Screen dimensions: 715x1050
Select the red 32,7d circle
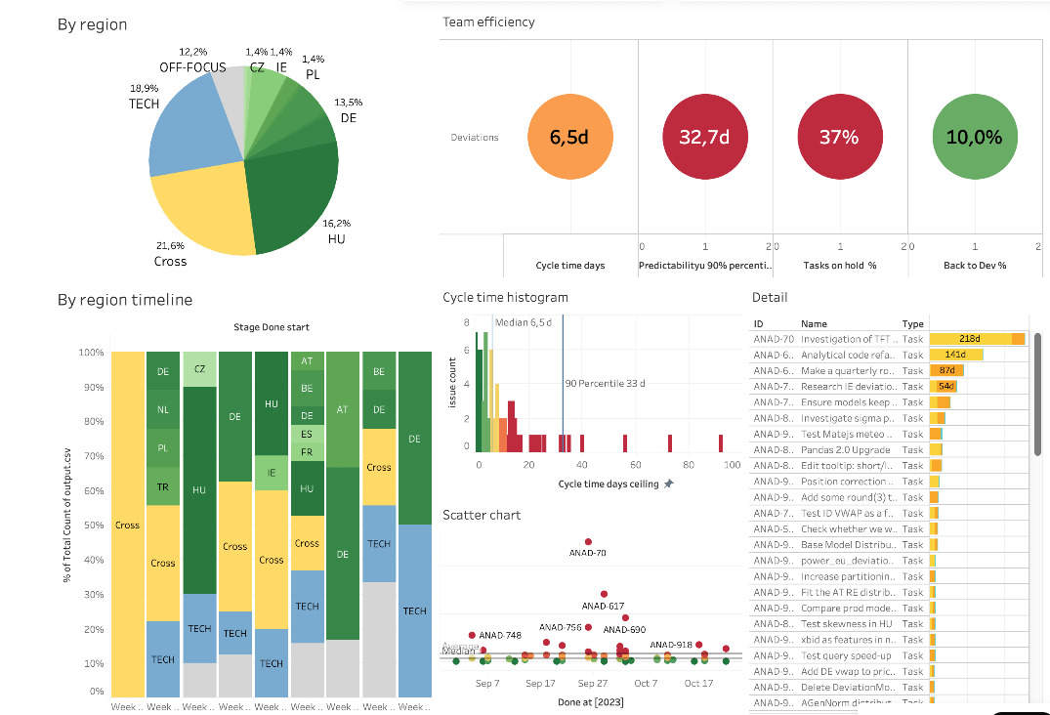(704, 138)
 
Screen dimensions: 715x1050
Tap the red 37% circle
(838, 138)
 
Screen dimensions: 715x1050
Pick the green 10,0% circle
(974, 138)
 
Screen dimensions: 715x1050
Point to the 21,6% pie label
(170, 245)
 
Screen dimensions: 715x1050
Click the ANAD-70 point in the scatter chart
(588, 541)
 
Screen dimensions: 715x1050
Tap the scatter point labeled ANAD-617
(605, 593)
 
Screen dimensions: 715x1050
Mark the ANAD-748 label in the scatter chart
(500, 635)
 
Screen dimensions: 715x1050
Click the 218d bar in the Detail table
(977, 339)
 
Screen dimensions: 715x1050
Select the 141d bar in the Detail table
(955, 355)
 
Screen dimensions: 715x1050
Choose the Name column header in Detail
(814, 323)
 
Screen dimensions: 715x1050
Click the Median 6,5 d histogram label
(524, 322)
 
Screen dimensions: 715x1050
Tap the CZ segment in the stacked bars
(199, 369)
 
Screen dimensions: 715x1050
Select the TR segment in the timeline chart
(163, 486)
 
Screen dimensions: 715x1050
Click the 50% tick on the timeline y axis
(94, 526)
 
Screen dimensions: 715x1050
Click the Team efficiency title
(488, 21)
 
